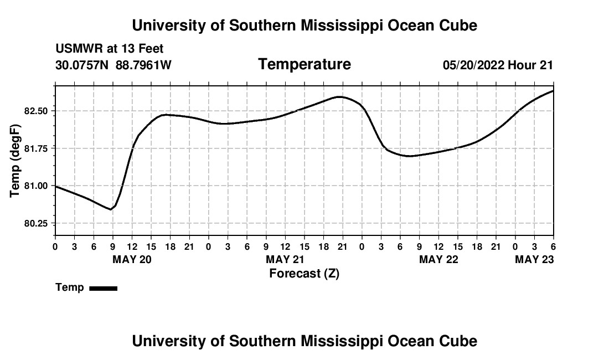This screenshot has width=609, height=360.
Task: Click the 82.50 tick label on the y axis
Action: [37, 111]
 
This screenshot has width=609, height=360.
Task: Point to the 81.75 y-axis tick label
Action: [37, 148]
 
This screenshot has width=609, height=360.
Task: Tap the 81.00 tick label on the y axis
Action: [37, 186]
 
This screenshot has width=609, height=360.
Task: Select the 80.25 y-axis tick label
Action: [37, 223]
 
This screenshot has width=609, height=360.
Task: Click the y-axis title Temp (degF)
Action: [16, 161]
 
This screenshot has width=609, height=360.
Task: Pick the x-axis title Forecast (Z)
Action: [304, 273]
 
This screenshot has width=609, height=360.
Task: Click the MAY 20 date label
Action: [132, 260]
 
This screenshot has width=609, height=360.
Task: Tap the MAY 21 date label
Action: [285, 260]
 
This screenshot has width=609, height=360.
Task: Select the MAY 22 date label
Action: [438, 260]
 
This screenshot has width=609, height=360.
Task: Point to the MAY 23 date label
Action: [534, 260]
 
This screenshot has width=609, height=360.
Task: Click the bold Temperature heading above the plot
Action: [304, 65]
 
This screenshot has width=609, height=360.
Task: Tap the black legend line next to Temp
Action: [103, 288]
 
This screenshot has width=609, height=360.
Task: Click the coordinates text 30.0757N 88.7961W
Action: [113, 65]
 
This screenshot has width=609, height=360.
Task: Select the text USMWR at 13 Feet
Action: [110, 49]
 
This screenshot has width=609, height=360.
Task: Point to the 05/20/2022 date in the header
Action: [473, 65]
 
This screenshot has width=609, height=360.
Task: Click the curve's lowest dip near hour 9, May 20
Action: [111, 209]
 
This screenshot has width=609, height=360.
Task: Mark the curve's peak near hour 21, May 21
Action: [339, 97]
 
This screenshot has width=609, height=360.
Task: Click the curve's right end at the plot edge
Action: [553, 91]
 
